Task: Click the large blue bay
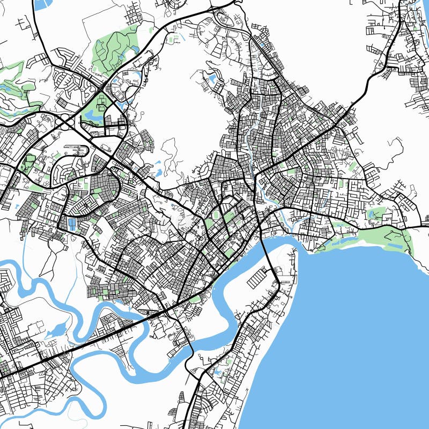[349, 332]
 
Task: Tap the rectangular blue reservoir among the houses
[72, 224]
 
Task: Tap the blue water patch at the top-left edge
[40, 5]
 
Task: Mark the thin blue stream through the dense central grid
[252, 161]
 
